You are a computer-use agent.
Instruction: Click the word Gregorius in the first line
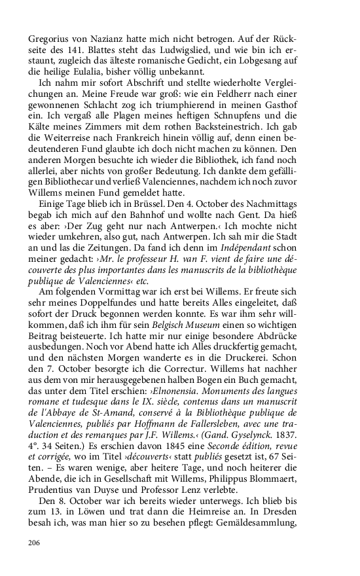pyautogui.click(x=50, y=38)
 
